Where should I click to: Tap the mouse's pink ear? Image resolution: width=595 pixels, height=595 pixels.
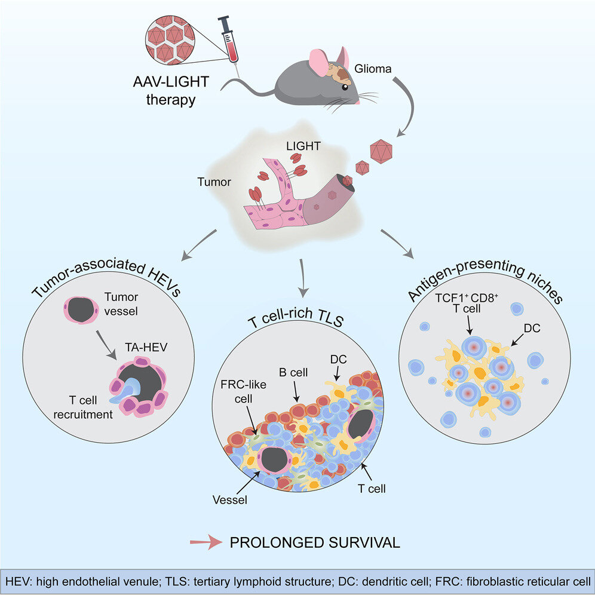click(320, 62)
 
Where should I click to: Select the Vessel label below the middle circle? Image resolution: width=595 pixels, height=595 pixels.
click(230, 499)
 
